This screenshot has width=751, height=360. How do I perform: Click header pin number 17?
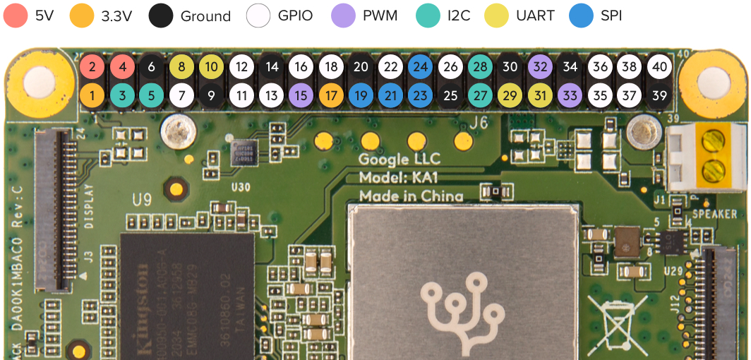coord(330,95)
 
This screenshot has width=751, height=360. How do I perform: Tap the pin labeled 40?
coord(659,67)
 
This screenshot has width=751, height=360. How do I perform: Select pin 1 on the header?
coord(92,95)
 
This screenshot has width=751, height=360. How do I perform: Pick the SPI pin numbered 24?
coord(420,67)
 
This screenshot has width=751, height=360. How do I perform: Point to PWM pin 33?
coord(570,95)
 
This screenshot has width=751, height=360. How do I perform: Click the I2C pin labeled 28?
coord(480,67)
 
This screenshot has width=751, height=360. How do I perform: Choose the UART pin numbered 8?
coord(181,67)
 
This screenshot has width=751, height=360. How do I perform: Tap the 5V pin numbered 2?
coord(92,67)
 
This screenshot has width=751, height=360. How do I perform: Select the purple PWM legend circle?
coord(343,16)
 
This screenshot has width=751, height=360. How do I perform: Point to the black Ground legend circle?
coord(162,16)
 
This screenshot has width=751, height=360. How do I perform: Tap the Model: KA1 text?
coord(398,178)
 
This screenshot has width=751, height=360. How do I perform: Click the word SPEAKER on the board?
coord(714,214)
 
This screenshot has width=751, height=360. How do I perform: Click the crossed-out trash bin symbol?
coord(621,321)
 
